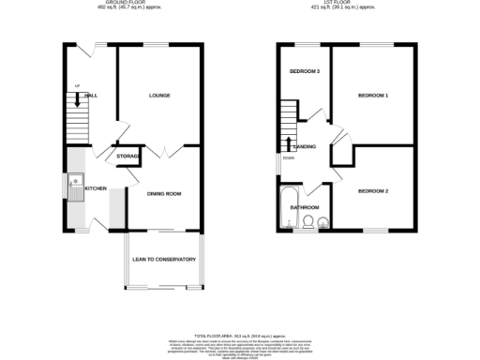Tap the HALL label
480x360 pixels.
(92, 96)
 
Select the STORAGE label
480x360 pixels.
(128, 156)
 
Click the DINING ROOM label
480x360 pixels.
(163, 194)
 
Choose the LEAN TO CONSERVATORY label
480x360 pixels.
(163, 260)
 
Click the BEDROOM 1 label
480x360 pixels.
(372, 96)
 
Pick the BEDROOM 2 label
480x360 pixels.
(372, 191)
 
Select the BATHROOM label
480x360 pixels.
(304, 207)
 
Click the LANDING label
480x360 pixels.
(305, 147)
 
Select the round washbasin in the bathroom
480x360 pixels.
(322, 221)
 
